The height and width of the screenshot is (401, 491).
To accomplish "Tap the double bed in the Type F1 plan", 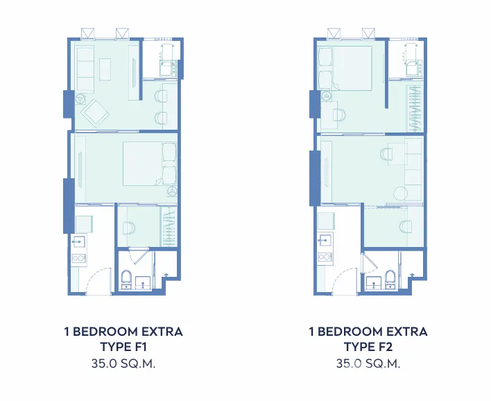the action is [x=150, y=164].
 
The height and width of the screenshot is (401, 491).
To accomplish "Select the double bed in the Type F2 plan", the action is [x=345, y=69].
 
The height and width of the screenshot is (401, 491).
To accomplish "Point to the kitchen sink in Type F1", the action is [x=78, y=241].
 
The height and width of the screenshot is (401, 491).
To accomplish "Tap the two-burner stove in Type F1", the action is [x=79, y=258].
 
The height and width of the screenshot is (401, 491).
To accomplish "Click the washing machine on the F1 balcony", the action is [x=168, y=69].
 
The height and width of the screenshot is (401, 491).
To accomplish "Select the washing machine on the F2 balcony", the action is [x=414, y=69].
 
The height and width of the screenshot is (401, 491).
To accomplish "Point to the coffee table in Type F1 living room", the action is [x=105, y=69].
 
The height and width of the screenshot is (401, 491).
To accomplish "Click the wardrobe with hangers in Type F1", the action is [x=169, y=226].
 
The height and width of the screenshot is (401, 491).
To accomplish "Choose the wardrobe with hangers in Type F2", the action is [x=415, y=108].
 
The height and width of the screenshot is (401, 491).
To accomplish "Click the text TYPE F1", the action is [x=123, y=347].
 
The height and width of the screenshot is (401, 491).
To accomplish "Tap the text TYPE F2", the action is [x=368, y=347].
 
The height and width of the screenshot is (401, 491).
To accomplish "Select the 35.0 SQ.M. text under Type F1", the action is [x=123, y=364].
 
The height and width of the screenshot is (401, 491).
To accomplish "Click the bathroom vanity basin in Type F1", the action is [x=144, y=282].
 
